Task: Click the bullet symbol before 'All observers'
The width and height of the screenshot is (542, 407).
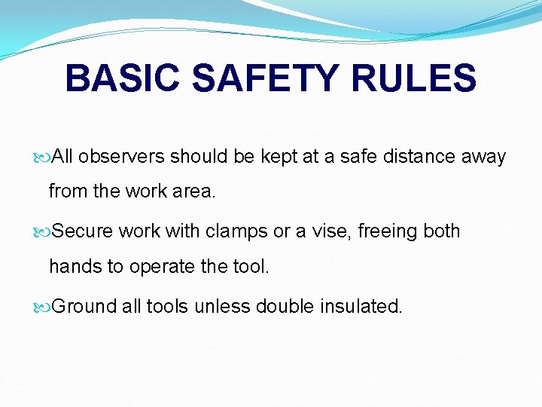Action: point(42,157)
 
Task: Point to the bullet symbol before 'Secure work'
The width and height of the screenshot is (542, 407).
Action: point(42,231)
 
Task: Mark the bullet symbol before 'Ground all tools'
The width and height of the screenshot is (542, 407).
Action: point(42,307)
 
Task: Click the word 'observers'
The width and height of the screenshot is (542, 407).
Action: point(121,157)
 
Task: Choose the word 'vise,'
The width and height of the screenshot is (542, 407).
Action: point(328,231)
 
